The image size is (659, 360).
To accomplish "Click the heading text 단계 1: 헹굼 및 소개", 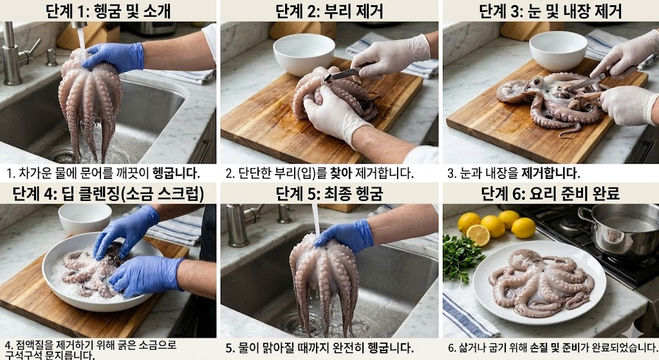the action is (108, 11).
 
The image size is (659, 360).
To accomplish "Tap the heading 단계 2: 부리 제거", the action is (329, 11).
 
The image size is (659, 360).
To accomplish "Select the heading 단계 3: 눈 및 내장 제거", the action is (551, 11).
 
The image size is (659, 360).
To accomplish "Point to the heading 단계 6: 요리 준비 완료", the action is (551, 194).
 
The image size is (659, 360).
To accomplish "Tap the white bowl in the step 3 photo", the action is (557, 50).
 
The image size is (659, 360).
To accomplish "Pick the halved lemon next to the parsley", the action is (478, 235).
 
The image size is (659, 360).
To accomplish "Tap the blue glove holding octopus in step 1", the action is (113, 57).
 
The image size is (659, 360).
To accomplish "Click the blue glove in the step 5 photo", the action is (346, 236).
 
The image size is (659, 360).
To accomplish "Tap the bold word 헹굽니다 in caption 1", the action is (176, 173).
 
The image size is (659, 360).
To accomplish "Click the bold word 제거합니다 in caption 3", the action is (551, 173).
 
